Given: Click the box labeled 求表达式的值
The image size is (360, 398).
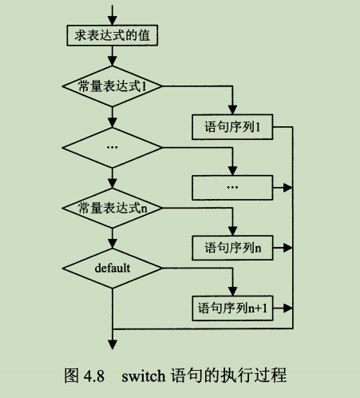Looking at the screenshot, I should pyautogui.click(x=113, y=35).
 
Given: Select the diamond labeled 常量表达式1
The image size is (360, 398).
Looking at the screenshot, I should pyautogui.click(x=113, y=85).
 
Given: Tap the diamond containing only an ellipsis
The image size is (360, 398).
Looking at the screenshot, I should pyautogui.click(x=113, y=147).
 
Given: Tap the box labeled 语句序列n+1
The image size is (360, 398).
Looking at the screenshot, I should pyautogui.click(x=234, y=308).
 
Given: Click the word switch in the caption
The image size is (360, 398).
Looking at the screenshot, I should pyautogui.click(x=143, y=375).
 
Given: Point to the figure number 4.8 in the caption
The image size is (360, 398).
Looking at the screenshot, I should pyautogui.click(x=97, y=375).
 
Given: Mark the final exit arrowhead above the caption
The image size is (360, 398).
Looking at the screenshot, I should pyautogui.click(x=113, y=344).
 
